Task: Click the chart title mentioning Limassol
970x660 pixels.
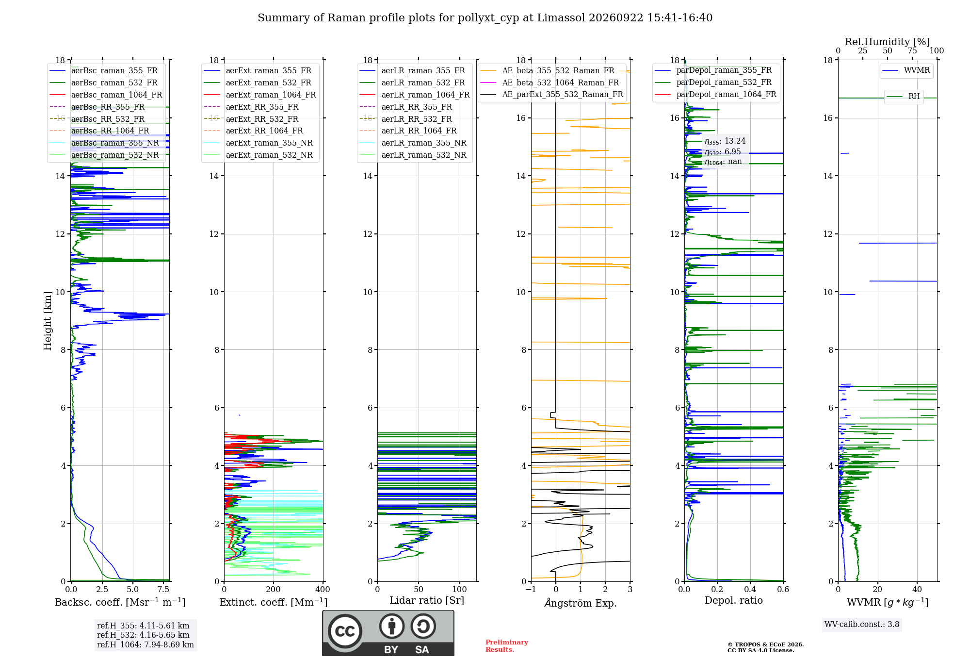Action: click(x=485, y=18)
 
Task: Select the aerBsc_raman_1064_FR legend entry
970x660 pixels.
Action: click(x=106, y=95)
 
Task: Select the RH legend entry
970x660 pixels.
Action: click(x=904, y=97)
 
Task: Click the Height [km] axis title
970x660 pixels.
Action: click(x=48, y=321)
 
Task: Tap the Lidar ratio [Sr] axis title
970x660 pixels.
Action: click(x=427, y=600)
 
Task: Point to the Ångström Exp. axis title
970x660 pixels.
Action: click(x=581, y=603)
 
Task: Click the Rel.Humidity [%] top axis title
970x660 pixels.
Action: click(x=888, y=42)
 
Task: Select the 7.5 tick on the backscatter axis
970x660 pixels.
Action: click(x=163, y=590)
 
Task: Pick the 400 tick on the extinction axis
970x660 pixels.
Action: click(x=323, y=590)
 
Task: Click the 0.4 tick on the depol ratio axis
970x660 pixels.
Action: click(x=750, y=590)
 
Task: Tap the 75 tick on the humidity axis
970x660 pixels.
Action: click(x=912, y=51)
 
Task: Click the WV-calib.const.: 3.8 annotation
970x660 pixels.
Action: click(x=862, y=625)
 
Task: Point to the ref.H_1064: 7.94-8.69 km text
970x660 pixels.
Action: click(x=145, y=645)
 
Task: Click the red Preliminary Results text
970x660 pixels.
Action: click(x=507, y=646)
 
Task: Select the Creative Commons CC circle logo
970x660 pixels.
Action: click(x=345, y=631)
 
